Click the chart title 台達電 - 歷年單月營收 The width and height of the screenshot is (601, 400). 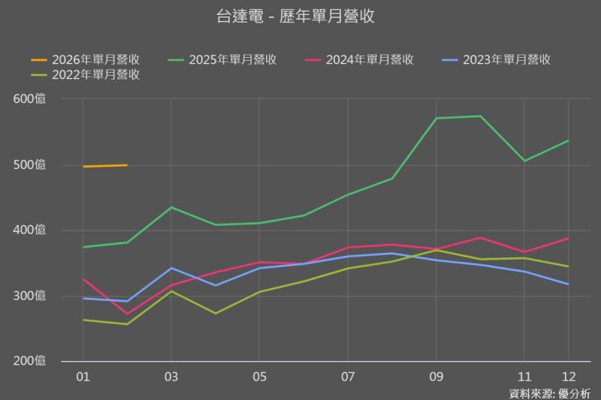(x=295, y=17)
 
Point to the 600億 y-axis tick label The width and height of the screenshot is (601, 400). (x=29, y=99)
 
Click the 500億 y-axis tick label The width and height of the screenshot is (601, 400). (x=29, y=165)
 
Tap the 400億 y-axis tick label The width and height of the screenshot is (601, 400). (x=29, y=230)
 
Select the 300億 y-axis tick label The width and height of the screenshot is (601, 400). (x=29, y=296)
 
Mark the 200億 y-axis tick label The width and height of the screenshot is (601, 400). (x=29, y=361)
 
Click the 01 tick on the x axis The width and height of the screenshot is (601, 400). (x=83, y=376)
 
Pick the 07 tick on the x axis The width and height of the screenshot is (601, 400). (x=348, y=376)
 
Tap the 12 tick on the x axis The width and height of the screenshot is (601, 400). (x=568, y=376)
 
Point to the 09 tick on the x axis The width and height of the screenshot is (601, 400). (x=436, y=376)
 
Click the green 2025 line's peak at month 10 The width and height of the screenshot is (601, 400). (x=480, y=116)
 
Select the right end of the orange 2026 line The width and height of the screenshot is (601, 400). (x=126, y=165)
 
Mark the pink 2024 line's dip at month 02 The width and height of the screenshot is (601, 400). (x=127, y=314)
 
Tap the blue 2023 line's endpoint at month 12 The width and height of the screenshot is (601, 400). (x=568, y=284)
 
